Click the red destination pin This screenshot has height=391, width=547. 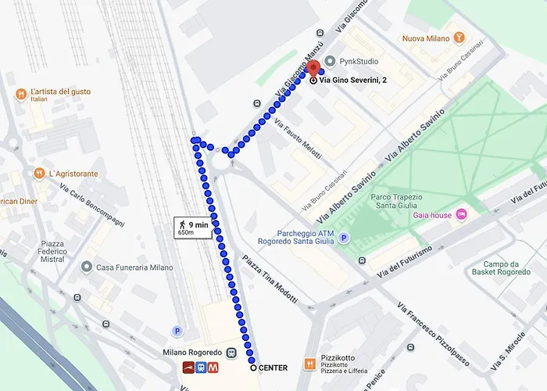coord(313,69)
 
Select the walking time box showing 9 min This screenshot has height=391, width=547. coord(193,228)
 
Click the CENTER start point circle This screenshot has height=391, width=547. coord(252,367)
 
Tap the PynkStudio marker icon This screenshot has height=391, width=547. coord(330,61)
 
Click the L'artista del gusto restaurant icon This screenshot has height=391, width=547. coord(21,95)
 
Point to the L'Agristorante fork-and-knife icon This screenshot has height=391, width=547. coord(38,173)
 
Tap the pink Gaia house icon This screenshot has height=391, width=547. coord(461,214)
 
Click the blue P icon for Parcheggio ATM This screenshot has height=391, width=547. coord(344,238)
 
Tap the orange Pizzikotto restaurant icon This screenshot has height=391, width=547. coord(309,364)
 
